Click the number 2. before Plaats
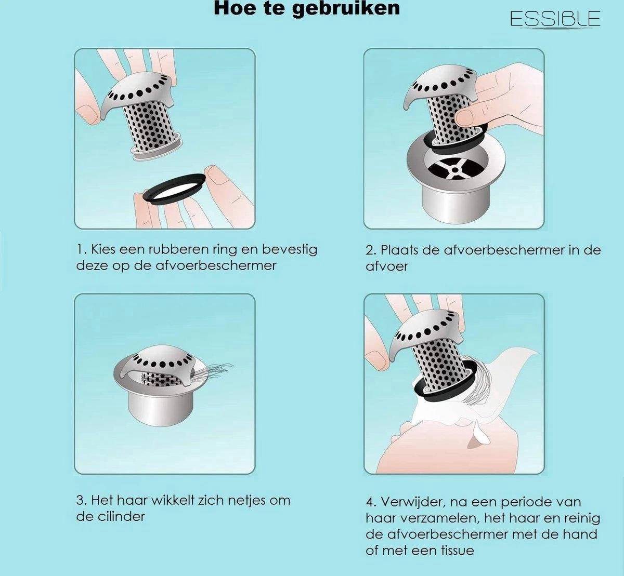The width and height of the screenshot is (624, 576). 371,250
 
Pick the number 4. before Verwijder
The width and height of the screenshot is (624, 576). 371,502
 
